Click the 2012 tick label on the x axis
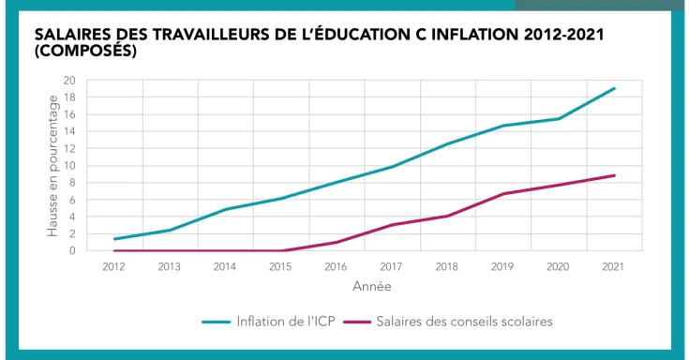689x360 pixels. coord(114,267)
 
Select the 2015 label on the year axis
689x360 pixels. coord(281,267)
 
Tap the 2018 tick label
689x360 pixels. coord(448,267)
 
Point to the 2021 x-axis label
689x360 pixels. coord(615,267)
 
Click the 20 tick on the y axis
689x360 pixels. coord(68,81)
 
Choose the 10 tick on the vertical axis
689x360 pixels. coord(68,166)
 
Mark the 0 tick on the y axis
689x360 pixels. coord(71,250)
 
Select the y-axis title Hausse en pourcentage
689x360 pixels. coord(52,166)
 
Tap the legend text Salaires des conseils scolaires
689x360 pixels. coord(464,322)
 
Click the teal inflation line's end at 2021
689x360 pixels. coord(615,88)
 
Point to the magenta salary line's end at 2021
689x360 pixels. coord(615,175)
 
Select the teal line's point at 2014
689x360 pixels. coord(226,209)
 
